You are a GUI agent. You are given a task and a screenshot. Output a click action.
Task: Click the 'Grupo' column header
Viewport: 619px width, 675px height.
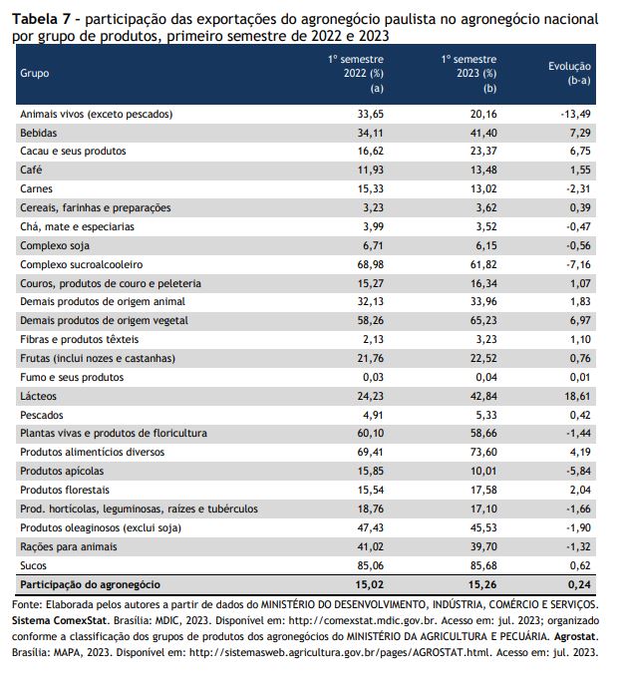pyautogui.click(x=35, y=73)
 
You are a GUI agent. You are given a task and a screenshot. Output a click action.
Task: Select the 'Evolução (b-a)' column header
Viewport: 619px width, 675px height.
pyautogui.click(x=569, y=73)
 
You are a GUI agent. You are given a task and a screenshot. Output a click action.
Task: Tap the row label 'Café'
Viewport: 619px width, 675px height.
pyautogui.click(x=31, y=169)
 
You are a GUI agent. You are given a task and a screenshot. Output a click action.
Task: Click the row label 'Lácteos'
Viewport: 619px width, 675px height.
pyautogui.click(x=38, y=396)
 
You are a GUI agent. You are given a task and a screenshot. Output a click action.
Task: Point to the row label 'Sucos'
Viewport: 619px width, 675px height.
pyautogui.click(x=33, y=565)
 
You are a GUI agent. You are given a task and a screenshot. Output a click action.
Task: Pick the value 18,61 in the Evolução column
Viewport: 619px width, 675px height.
pyautogui.click(x=577, y=396)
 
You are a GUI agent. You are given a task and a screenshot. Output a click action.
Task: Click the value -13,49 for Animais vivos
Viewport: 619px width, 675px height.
pyautogui.click(x=575, y=114)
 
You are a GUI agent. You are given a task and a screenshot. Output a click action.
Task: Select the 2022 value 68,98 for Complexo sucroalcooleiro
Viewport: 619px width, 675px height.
pyautogui.click(x=370, y=264)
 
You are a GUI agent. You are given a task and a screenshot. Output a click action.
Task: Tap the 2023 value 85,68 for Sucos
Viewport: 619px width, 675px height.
pyautogui.click(x=483, y=565)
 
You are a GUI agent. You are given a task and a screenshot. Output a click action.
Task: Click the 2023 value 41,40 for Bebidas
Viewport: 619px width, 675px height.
pyautogui.click(x=483, y=133)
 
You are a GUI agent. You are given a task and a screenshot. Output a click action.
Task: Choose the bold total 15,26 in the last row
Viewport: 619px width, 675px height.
pyautogui.click(x=483, y=584)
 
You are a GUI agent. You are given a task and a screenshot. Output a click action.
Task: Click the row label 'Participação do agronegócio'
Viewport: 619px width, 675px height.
pyautogui.click(x=90, y=584)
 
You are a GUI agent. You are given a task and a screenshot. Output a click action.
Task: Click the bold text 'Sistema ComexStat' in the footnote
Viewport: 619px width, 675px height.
pyautogui.click(x=59, y=621)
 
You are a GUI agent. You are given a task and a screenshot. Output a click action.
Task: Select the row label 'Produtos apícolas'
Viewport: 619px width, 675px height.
pyautogui.click(x=62, y=471)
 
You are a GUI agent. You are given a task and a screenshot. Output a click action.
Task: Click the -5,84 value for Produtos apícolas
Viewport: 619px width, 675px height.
pyautogui.click(x=578, y=471)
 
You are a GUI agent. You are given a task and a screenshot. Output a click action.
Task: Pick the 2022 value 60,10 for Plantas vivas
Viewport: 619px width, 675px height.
pyautogui.click(x=370, y=433)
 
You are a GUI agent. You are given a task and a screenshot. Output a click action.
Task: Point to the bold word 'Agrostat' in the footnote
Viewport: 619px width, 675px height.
pyautogui.click(x=576, y=636)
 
